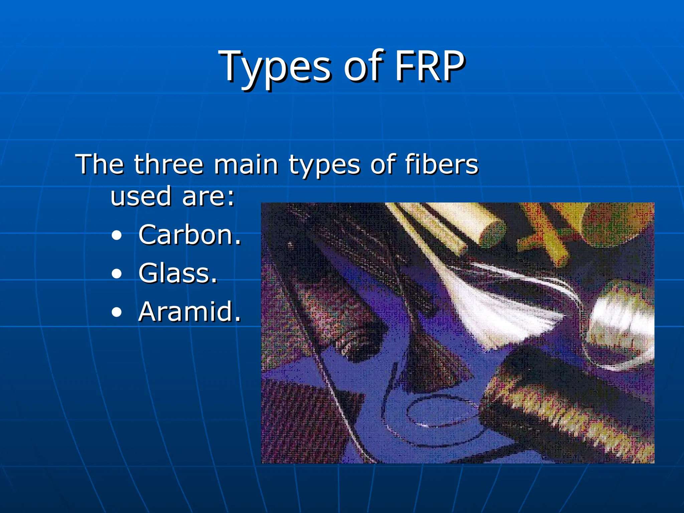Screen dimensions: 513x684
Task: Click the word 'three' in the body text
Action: tap(169, 164)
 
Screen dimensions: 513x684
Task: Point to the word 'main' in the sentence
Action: tap(246, 164)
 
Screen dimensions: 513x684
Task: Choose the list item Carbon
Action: tap(189, 235)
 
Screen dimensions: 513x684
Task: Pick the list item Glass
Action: tap(178, 273)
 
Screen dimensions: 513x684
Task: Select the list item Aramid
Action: tap(189, 312)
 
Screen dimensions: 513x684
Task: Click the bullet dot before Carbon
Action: tap(117, 236)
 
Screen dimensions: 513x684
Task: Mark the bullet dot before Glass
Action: tap(117, 274)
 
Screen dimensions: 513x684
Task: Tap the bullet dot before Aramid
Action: tap(117, 313)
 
